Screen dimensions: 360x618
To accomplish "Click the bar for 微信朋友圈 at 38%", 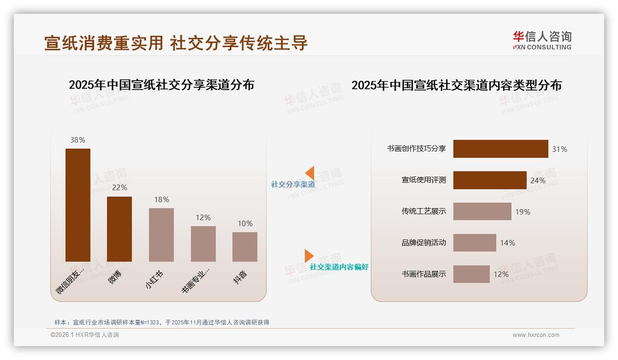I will pyautogui.click(x=78, y=205).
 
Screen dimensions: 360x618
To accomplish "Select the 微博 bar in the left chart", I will pyautogui.click(x=119, y=229).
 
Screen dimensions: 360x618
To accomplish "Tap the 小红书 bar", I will pyautogui.click(x=161, y=234).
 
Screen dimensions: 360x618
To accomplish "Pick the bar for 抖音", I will pyautogui.click(x=245, y=246).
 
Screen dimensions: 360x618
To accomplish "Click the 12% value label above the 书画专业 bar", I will pyautogui.click(x=203, y=217).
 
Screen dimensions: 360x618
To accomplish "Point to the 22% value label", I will pyautogui.click(x=119, y=188).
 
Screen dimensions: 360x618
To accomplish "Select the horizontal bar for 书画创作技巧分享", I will pyautogui.click(x=500, y=149).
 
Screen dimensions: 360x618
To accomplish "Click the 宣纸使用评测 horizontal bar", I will pyautogui.click(x=490, y=180).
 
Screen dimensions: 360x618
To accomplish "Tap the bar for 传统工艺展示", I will pyautogui.click(x=482, y=211).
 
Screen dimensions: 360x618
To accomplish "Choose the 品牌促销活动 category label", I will pyautogui.click(x=423, y=243).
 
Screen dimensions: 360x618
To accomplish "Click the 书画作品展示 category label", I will pyautogui.click(x=423, y=274).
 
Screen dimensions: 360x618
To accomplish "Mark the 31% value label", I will pyautogui.click(x=559, y=149).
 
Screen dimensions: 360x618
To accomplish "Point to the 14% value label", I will pyautogui.click(x=507, y=243).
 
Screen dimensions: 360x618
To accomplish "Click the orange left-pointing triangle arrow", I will pyautogui.click(x=310, y=173).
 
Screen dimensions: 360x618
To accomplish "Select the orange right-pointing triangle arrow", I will pyautogui.click(x=309, y=256).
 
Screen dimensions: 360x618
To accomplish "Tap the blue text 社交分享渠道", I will pyautogui.click(x=293, y=185).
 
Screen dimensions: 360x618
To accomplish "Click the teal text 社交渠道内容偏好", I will pyautogui.click(x=339, y=267).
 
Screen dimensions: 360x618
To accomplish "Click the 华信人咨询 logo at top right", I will pyautogui.click(x=542, y=40).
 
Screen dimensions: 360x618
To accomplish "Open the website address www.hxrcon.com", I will pyautogui.click(x=535, y=335).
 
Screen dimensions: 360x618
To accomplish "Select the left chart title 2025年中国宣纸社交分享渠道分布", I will pyautogui.click(x=161, y=85).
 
